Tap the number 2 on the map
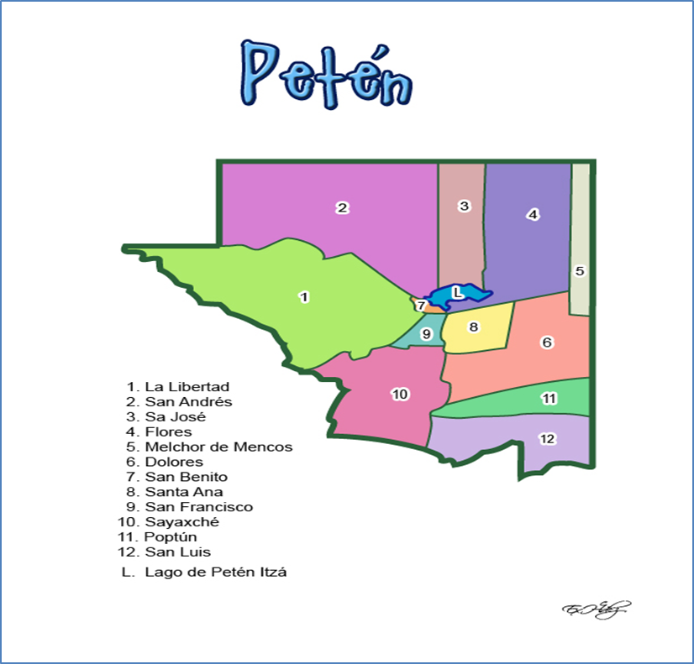(343, 208)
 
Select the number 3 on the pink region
(463, 206)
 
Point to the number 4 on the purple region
(532, 214)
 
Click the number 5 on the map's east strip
(579, 270)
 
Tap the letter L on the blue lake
(457, 292)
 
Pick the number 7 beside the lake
(421, 306)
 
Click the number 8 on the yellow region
(474, 327)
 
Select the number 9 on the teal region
(426, 334)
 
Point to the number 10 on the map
(400, 394)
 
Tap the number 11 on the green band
(549, 398)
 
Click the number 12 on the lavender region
(547, 438)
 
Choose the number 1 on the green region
(304, 296)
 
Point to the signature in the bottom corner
(597, 610)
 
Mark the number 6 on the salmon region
(547, 342)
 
